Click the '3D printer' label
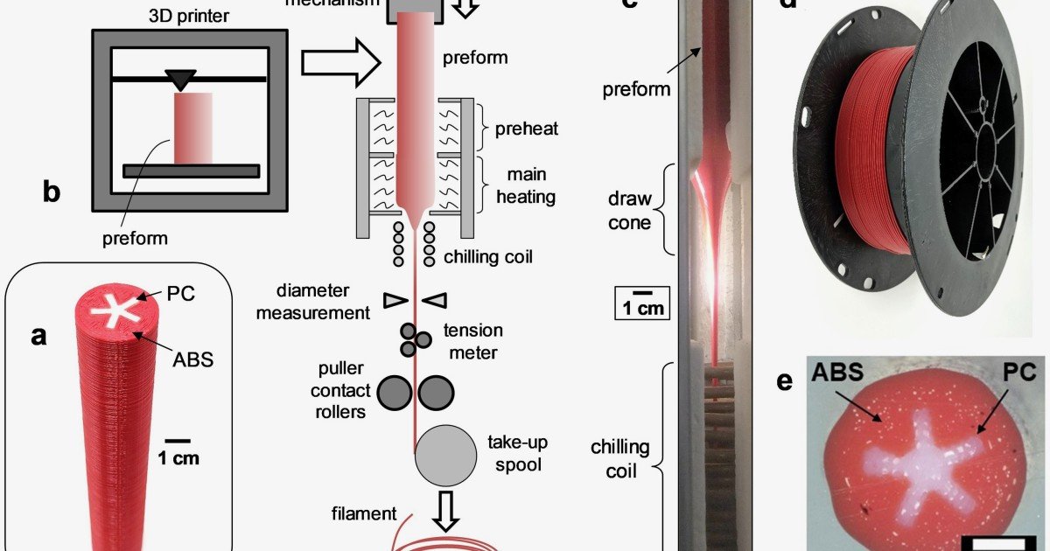click(x=190, y=16)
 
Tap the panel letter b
click(x=51, y=191)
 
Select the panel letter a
click(x=38, y=335)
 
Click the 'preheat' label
click(x=526, y=129)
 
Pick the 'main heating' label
click(x=526, y=184)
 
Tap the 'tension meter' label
click(x=472, y=341)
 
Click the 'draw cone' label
click(x=629, y=211)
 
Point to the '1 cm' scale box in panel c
click(x=642, y=303)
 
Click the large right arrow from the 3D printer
click(x=341, y=62)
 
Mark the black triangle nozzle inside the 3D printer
click(x=181, y=80)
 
